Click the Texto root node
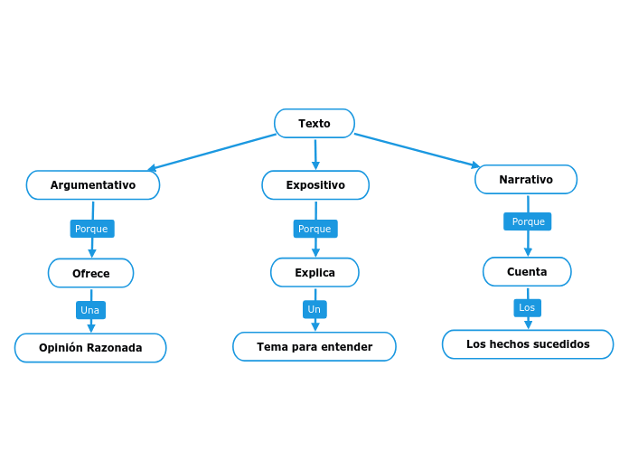coord(314,124)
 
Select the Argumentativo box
coord(93,185)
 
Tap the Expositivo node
coord(315,185)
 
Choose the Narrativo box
coord(526,180)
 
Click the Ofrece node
coord(90,273)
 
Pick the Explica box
coord(314,272)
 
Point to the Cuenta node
coord(527,271)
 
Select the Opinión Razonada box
coord(90,348)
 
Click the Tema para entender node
coord(314,346)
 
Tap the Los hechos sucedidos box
coord(528,344)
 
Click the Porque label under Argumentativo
coord(91,229)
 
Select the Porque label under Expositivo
coord(315,229)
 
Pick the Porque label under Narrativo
coord(528,221)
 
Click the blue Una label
coord(90,310)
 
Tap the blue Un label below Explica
coord(314,309)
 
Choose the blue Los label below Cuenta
coord(527,307)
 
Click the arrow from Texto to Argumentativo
coord(212,151)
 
